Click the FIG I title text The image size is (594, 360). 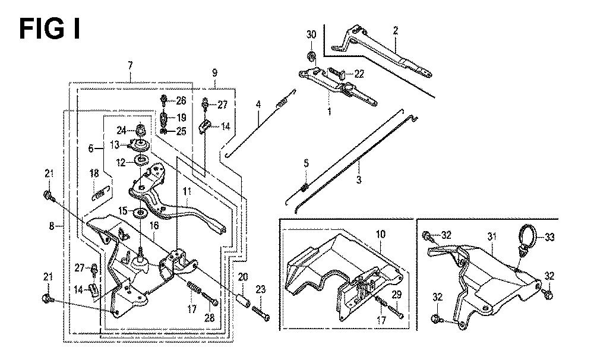pyautogui.click(x=50, y=29)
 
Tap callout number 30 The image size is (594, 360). pyautogui.click(x=311, y=35)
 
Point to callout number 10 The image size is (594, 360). pyautogui.click(x=380, y=234)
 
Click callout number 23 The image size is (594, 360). pyautogui.click(x=260, y=290)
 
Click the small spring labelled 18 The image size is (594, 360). pyautogui.click(x=100, y=191)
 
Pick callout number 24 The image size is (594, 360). pyautogui.click(x=121, y=130)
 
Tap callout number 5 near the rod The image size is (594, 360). pyautogui.click(x=306, y=163)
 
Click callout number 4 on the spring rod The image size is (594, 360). pyautogui.click(x=258, y=105)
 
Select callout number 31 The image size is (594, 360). pyautogui.click(x=491, y=236)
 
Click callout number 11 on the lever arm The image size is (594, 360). pyautogui.click(x=187, y=192)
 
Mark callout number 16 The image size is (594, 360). pyautogui.click(x=153, y=226)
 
